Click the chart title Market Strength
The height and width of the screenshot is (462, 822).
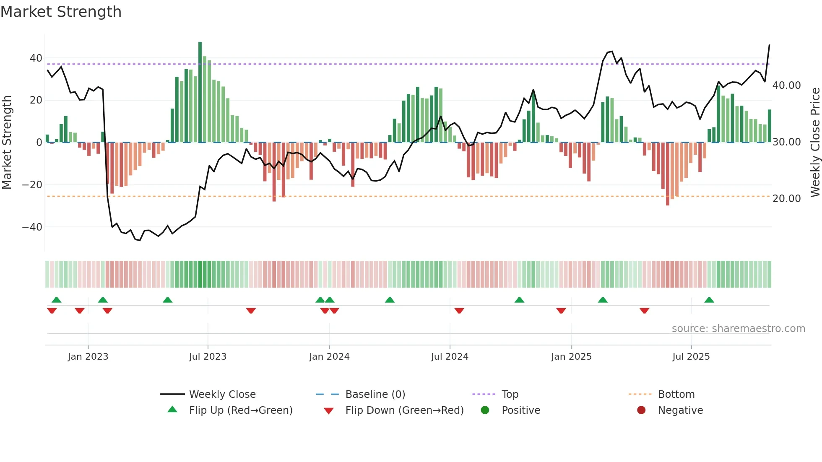[x=61, y=12]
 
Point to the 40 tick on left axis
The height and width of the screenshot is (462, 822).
[x=36, y=58]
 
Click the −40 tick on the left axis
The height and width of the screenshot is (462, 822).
[x=32, y=227]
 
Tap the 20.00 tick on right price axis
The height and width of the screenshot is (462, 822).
[x=786, y=199]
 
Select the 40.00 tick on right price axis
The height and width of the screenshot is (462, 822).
[x=786, y=86]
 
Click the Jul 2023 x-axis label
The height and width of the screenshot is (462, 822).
[x=208, y=357]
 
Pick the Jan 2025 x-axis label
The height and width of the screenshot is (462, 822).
[x=571, y=357]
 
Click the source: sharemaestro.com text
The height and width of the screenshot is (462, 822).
[x=738, y=329]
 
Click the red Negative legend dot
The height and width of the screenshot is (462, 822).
[x=641, y=410]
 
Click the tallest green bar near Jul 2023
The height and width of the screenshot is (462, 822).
[x=200, y=92]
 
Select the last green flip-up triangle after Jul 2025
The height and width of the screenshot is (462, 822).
[x=709, y=300]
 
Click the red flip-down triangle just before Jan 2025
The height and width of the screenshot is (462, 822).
[x=561, y=311]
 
